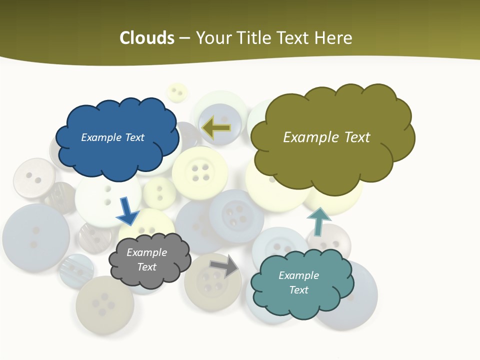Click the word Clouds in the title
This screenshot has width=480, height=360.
[x=147, y=38]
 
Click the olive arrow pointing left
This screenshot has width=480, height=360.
[x=216, y=127]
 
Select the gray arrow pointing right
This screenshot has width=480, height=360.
[x=224, y=265]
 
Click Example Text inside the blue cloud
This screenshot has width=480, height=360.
[x=112, y=137]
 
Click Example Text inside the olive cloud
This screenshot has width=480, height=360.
[x=326, y=137]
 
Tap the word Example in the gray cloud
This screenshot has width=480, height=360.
[x=146, y=252]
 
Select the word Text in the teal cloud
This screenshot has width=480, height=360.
[x=298, y=290]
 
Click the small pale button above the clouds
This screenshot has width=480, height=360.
[x=176, y=92]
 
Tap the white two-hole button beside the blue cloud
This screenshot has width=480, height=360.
[x=33, y=178]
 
